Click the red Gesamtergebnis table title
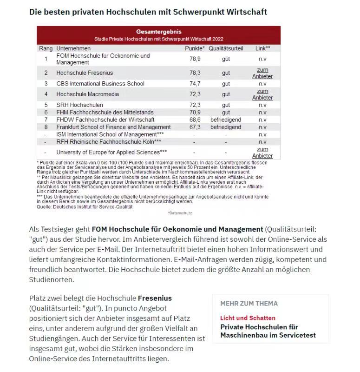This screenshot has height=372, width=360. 158,32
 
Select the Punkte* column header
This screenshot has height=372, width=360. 195,48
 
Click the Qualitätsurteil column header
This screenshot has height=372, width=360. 226,48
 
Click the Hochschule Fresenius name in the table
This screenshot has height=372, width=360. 85,73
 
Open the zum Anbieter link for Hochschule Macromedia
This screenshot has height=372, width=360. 262,94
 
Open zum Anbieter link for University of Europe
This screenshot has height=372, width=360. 262,153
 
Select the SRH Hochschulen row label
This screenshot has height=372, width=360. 79,105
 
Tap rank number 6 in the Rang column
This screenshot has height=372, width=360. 46,113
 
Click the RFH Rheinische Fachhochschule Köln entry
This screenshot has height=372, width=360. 109,142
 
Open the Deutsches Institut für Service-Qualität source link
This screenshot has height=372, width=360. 92,207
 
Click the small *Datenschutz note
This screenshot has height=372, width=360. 180,213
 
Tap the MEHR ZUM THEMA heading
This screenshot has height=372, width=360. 249,304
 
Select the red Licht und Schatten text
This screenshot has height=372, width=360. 248,318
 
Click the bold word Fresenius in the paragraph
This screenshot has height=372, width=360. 155,298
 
